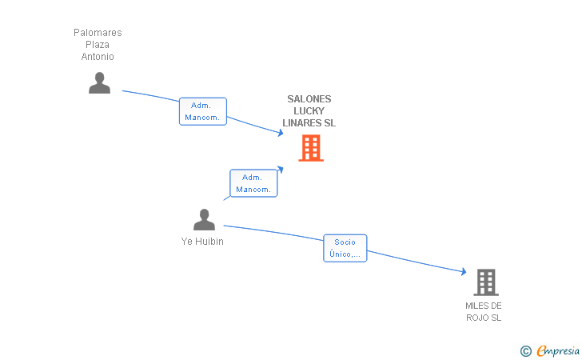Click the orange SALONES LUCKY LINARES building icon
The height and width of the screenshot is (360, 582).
(311, 148)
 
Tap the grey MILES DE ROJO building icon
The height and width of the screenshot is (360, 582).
(485, 282)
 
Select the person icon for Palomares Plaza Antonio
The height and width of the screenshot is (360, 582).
(99, 83)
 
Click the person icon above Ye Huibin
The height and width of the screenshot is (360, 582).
(204, 220)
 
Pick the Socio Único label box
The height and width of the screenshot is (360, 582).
(345, 249)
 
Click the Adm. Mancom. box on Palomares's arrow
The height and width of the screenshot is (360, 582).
(202, 111)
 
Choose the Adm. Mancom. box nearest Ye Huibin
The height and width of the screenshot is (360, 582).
(253, 184)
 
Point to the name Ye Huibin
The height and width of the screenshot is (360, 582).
(203, 242)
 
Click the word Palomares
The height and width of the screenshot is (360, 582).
(98, 33)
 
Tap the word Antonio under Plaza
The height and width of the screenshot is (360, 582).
(98, 57)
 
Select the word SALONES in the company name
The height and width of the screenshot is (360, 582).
(309, 99)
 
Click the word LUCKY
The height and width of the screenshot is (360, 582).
(309, 111)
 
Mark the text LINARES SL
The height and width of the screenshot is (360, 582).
(309, 123)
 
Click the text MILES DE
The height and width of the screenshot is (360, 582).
(484, 306)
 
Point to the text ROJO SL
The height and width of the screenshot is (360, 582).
(484, 318)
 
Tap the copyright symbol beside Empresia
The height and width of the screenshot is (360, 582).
(525, 350)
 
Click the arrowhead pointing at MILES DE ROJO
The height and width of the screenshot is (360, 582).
(463, 272)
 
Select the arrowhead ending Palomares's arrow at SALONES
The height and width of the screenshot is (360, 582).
(280, 133)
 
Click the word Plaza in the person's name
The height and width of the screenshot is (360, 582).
(98, 45)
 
